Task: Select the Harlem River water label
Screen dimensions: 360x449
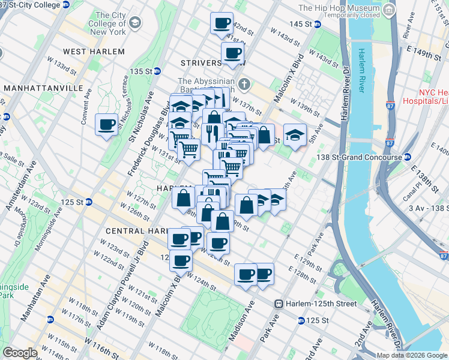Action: click(362, 70)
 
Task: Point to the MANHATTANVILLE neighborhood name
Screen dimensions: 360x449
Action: click(43, 88)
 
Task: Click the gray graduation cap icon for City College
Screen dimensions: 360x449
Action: click(134, 23)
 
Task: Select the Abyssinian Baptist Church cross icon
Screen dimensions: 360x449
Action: click(243, 83)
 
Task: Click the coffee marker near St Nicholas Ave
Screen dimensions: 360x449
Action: click(107, 125)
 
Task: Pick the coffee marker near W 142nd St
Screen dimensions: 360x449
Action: click(221, 23)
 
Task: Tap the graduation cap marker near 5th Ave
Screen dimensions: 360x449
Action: click(295, 133)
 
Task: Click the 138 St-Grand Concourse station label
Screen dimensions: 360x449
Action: click(362, 157)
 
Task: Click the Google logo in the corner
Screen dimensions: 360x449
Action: click(20, 353)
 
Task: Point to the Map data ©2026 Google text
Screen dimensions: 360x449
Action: click(411, 355)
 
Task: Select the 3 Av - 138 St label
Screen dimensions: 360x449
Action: click(427, 208)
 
